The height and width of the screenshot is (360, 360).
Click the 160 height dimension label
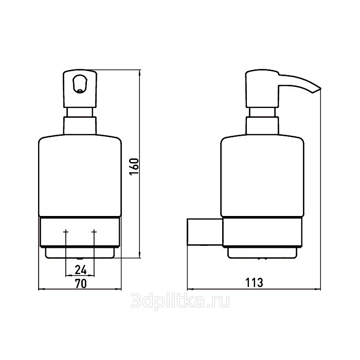tap(134, 167)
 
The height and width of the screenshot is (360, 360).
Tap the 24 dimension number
tap(81, 269)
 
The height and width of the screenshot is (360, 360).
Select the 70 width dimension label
tap(81, 283)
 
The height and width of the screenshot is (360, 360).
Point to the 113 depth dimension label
tap(254, 282)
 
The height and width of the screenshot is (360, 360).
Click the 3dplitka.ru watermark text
tap(180, 301)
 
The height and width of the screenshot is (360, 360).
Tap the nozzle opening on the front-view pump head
tap(80, 83)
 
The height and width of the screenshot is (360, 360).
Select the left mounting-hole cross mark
tap(66, 231)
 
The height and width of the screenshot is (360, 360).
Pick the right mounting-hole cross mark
tap(94, 231)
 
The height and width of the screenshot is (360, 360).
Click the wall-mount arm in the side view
tap(205, 232)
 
